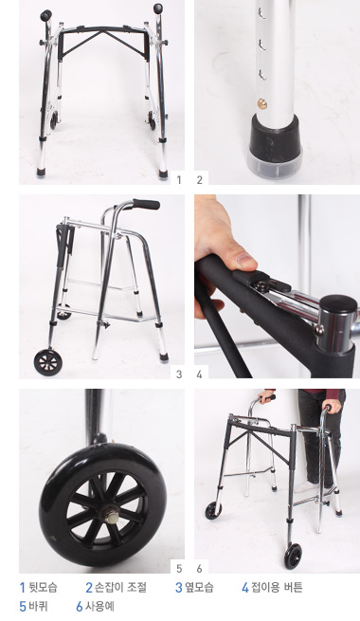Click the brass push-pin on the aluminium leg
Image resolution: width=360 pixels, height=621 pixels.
tap(261, 104)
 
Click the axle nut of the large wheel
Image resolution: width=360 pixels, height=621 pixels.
tap(113, 518)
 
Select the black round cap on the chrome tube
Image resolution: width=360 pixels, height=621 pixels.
tap(338, 304)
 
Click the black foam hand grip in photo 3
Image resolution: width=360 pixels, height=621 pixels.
tap(146, 205)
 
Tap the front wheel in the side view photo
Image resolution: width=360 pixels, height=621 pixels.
tap(48, 361)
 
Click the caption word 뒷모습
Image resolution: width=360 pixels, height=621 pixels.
tap(43, 587)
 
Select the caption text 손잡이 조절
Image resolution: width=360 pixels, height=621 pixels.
tap(120, 587)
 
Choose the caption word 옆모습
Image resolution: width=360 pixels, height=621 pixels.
tap(199, 587)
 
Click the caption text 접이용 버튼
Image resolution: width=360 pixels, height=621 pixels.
tap(277, 587)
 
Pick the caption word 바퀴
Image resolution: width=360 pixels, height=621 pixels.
tap(38, 606)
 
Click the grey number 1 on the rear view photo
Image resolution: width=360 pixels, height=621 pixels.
tap(179, 180)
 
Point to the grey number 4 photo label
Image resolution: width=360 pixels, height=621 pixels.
tap(199, 374)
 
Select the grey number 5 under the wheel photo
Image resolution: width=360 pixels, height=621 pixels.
tap(179, 569)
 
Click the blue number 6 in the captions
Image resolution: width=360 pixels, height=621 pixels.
tap(80, 607)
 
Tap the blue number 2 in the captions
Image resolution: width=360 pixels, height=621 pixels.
tap(89, 587)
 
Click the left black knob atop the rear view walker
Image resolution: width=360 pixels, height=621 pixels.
tap(45, 16)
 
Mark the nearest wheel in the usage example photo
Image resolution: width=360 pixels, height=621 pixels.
tap(293, 557)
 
